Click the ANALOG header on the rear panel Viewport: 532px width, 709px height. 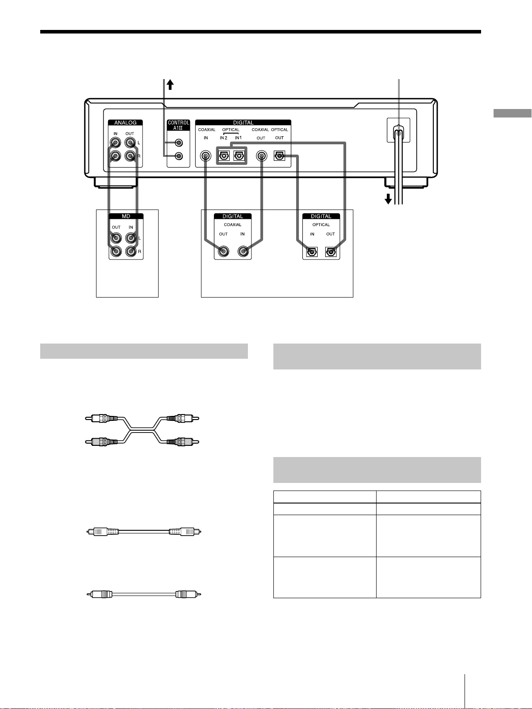tap(125, 123)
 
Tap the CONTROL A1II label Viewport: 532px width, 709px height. tap(179, 126)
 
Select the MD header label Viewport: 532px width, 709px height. tap(126, 216)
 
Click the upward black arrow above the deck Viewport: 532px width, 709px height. tap(170, 84)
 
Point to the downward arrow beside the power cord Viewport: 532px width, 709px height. tap(388, 199)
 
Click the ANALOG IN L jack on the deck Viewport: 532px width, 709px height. tap(115, 143)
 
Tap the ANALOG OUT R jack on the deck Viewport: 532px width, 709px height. tap(130, 156)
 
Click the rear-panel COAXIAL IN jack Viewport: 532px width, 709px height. tap(205, 156)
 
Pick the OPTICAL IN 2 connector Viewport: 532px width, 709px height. tap(224, 156)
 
